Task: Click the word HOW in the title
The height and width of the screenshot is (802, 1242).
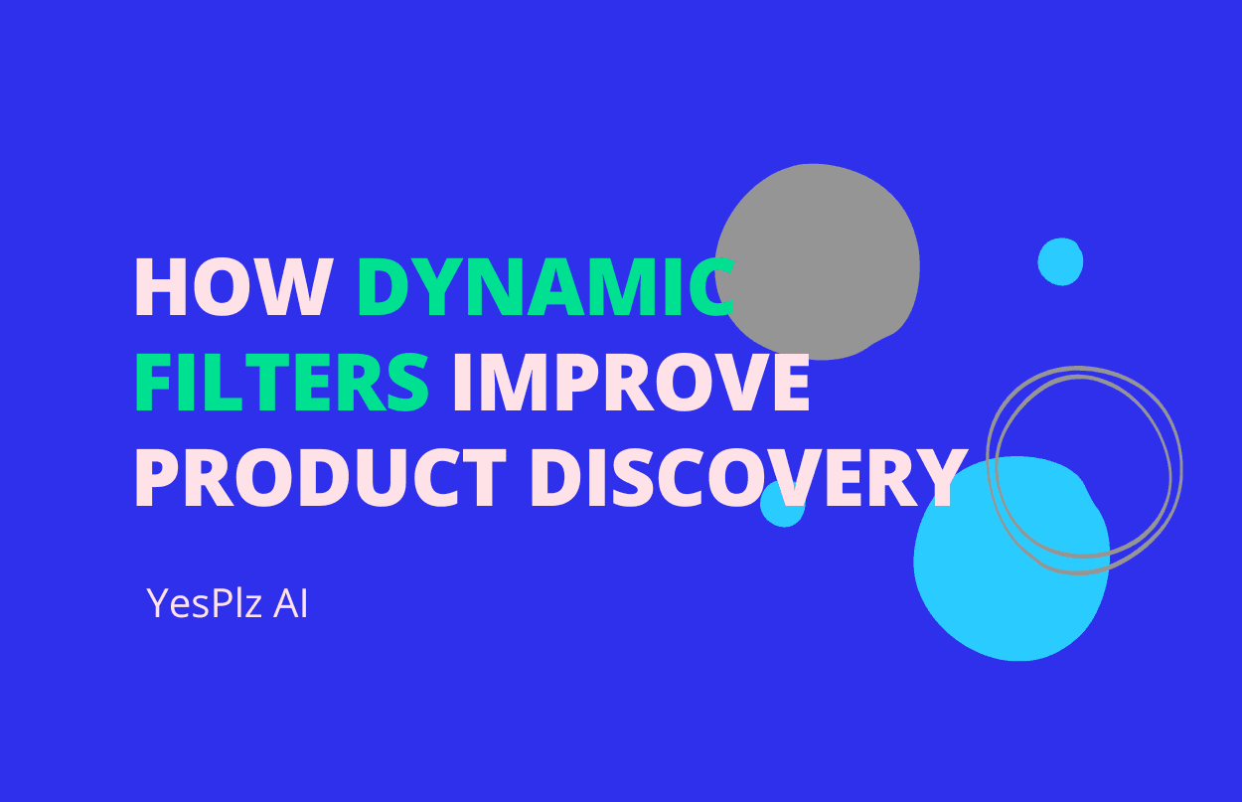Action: [x=233, y=287]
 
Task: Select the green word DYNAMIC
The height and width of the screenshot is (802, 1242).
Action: [x=546, y=287]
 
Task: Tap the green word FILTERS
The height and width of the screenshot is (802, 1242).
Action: [x=282, y=382]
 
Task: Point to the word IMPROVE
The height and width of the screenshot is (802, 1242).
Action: [x=632, y=382]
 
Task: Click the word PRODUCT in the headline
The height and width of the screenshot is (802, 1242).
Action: [x=321, y=477]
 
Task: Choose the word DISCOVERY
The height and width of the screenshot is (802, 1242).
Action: [x=749, y=477]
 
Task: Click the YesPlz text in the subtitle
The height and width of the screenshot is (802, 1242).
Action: [x=204, y=603]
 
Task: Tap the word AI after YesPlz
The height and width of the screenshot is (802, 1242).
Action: [x=290, y=603]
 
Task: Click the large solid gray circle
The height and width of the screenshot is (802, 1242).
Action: [x=818, y=261]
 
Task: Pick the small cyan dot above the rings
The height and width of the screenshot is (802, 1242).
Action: [x=1060, y=261]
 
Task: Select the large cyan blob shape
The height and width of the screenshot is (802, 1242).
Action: [x=1011, y=559]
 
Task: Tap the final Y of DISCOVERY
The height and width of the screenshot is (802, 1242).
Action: [x=940, y=477]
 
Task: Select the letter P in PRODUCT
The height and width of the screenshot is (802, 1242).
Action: [x=158, y=477]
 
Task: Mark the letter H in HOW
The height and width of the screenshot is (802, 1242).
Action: [x=161, y=287]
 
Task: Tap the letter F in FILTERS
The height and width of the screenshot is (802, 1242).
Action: [x=155, y=382]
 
